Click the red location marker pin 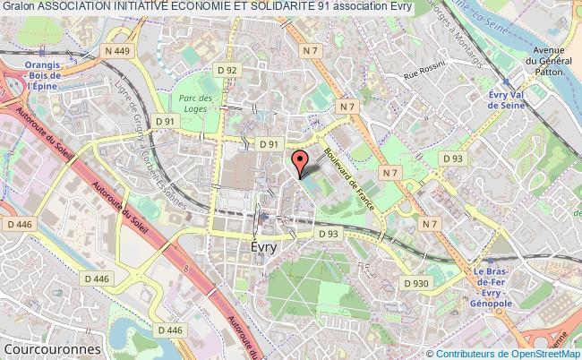(300, 162)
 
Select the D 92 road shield (230, 69)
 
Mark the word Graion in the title (18, 7)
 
